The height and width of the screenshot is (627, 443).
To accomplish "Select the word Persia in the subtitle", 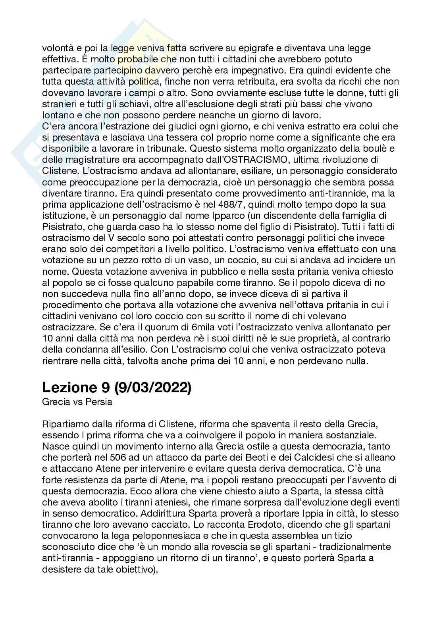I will [x=99, y=401].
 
